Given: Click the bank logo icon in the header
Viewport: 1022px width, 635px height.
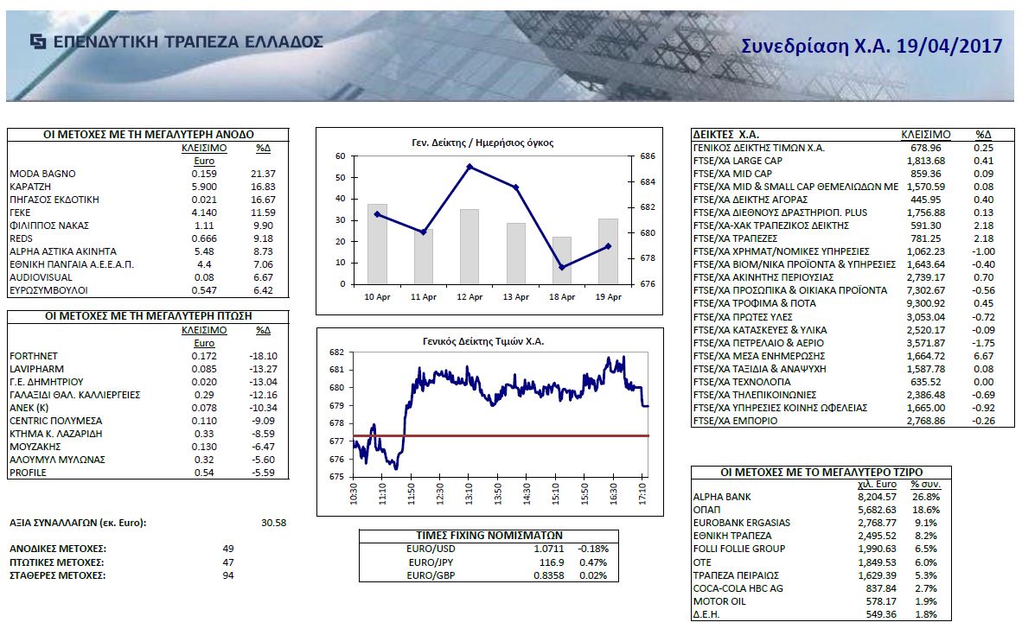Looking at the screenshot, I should [38, 41].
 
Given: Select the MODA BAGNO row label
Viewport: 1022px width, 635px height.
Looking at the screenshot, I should [37, 174].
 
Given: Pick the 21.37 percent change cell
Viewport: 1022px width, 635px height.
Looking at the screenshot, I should [263, 174].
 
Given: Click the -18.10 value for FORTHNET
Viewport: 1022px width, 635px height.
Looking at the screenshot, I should [262, 356].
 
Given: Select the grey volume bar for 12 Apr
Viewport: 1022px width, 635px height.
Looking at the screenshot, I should [469, 246].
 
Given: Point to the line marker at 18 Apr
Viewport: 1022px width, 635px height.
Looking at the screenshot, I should [562, 267].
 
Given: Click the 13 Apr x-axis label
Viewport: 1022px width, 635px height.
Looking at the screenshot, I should [516, 296].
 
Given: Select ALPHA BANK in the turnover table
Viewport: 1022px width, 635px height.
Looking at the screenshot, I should [723, 497].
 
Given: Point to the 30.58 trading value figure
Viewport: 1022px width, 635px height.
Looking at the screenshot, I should [273, 523].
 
